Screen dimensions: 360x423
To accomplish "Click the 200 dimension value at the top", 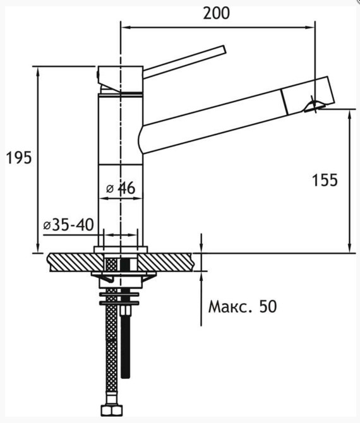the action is point(217,13).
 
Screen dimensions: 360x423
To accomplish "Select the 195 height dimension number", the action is point(19,158).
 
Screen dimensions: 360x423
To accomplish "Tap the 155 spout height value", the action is point(325,180).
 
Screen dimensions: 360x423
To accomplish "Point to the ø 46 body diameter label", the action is point(121,188).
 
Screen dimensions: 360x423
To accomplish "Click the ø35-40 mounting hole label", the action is point(69,225).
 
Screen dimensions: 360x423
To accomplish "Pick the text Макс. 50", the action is point(243,306).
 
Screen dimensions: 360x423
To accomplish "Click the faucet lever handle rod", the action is point(184,62).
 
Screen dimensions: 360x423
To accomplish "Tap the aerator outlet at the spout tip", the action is point(313,107).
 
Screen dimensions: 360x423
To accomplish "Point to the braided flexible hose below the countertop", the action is point(111,343).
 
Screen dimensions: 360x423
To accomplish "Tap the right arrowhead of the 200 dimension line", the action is point(310,27).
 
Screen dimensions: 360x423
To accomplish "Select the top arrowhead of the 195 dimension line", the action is point(38,71).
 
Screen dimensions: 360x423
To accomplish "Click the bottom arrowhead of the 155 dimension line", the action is point(350,248).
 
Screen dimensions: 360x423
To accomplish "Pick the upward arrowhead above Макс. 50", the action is point(201,276).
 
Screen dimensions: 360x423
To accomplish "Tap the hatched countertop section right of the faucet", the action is point(165,262).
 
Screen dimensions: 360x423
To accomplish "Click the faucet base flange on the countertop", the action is point(121,249).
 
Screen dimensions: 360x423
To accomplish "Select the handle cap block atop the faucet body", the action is point(121,79).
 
